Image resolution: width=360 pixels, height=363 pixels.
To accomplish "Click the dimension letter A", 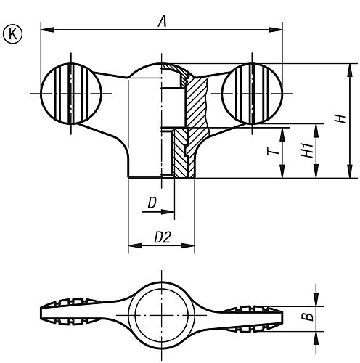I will (163, 22).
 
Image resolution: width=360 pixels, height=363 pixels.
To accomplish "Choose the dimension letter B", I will (307, 317).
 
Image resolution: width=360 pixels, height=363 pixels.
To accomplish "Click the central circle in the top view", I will (161, 316).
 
